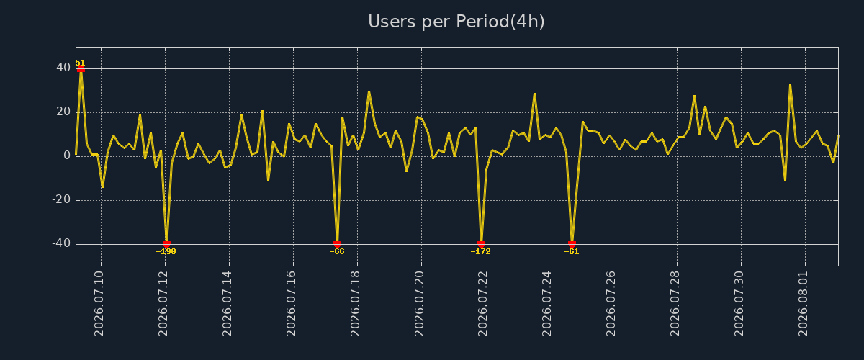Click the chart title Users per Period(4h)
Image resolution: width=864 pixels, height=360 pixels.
456,22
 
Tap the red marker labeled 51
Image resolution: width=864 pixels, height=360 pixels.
81,68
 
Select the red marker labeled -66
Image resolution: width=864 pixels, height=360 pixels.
337,245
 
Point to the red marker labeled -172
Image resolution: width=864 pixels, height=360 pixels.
481,245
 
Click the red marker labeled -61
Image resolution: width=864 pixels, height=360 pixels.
572,245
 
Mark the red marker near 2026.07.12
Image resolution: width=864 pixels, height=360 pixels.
166,245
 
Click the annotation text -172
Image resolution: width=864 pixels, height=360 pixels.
481,251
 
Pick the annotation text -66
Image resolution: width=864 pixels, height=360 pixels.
337,251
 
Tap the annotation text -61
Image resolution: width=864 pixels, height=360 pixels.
572,251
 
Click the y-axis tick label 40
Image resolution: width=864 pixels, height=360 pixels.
63,68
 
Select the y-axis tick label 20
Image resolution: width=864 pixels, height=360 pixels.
63,112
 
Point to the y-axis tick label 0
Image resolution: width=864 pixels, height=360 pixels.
67,156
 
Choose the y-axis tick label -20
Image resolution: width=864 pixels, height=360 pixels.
61,199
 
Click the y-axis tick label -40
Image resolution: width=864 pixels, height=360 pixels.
61,243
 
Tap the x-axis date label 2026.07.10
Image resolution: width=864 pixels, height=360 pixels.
99,304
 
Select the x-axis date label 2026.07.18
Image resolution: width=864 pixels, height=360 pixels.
355,304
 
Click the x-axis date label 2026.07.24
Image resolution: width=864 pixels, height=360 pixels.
547,304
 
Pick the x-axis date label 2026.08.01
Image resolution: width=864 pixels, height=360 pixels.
803,304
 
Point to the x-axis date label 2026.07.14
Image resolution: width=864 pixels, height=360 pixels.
227,304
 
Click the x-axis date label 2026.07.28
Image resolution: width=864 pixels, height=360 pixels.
675,304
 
